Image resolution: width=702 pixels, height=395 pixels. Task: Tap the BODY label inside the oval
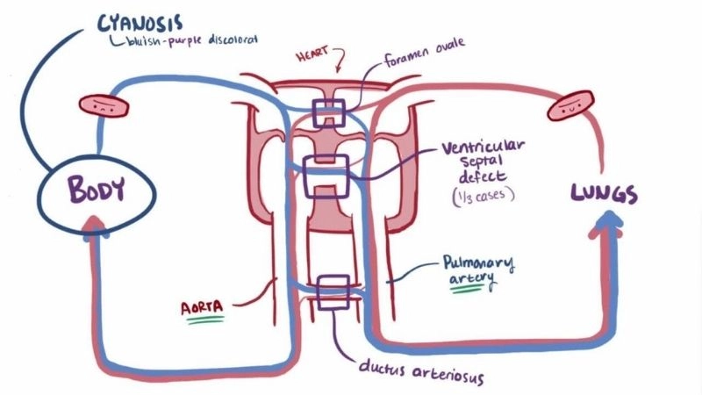tap(84, 189)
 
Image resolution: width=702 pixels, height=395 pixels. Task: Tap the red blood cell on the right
tap(569, 106)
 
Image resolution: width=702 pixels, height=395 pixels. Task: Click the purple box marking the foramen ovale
tap(329, 112)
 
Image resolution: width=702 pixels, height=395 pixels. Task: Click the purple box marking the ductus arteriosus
tap(334, 292)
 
